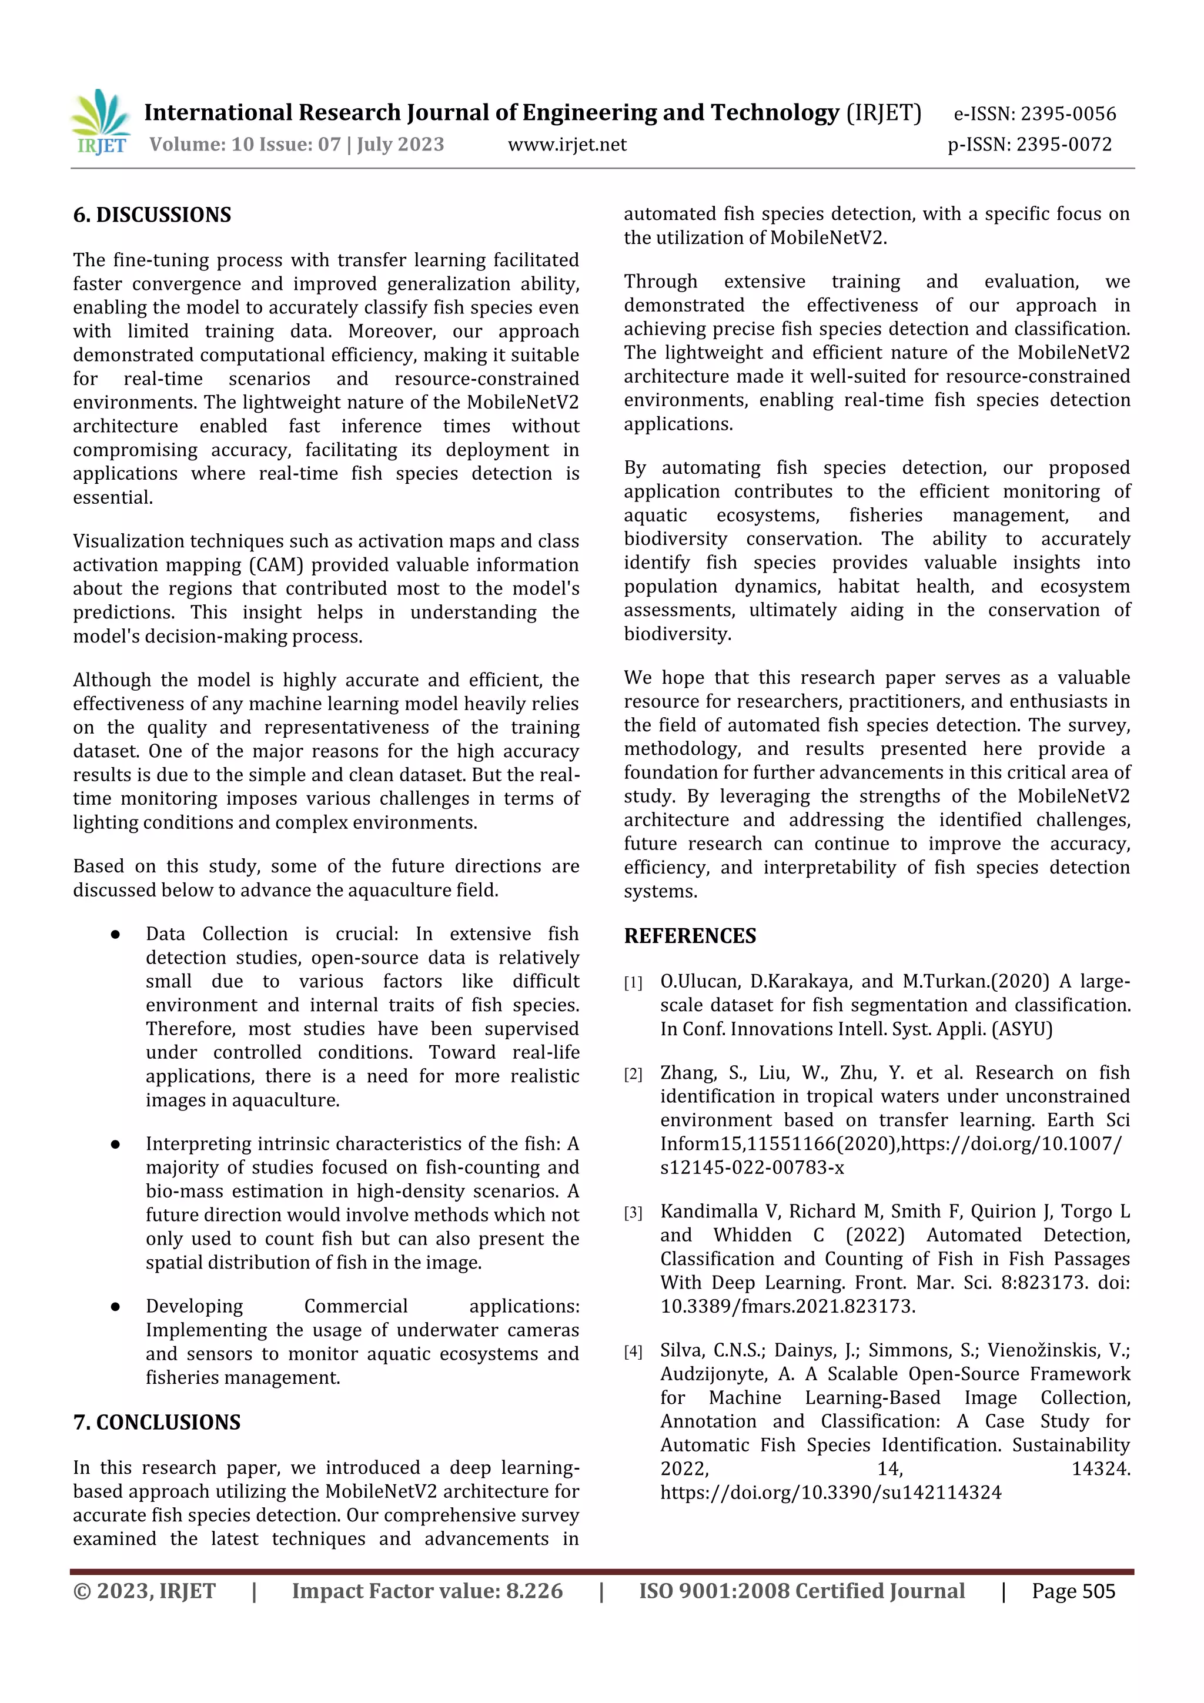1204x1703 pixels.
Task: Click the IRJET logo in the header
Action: pos(101,122)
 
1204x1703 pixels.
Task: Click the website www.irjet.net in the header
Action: pos(567,145)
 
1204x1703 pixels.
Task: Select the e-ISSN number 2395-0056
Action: pos(1068,113)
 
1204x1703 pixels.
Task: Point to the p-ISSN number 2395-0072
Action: pos(1064,145)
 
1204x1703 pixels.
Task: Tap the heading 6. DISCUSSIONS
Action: pos(152,215)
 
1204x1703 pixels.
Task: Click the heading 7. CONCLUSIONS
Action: pos(156,1422)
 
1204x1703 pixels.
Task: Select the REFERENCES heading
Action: pos(690,936)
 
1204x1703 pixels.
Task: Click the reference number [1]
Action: pos(633,983)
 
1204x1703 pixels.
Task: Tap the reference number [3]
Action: pos(633,1213)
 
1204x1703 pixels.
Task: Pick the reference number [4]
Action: pos(633,1351)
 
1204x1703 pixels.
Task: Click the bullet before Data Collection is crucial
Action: pos(115,935)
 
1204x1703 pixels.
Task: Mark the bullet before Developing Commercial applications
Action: pos(115,1307)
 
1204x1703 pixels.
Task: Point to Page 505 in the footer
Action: pos(1073,1591)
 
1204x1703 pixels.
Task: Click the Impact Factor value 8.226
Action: pos(534,1591)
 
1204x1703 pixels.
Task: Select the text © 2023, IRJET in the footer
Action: pos(144,1591)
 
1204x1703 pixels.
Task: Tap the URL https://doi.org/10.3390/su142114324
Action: pos(830,1493)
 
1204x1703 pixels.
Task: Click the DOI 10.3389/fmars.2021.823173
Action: pos(787,1306)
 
